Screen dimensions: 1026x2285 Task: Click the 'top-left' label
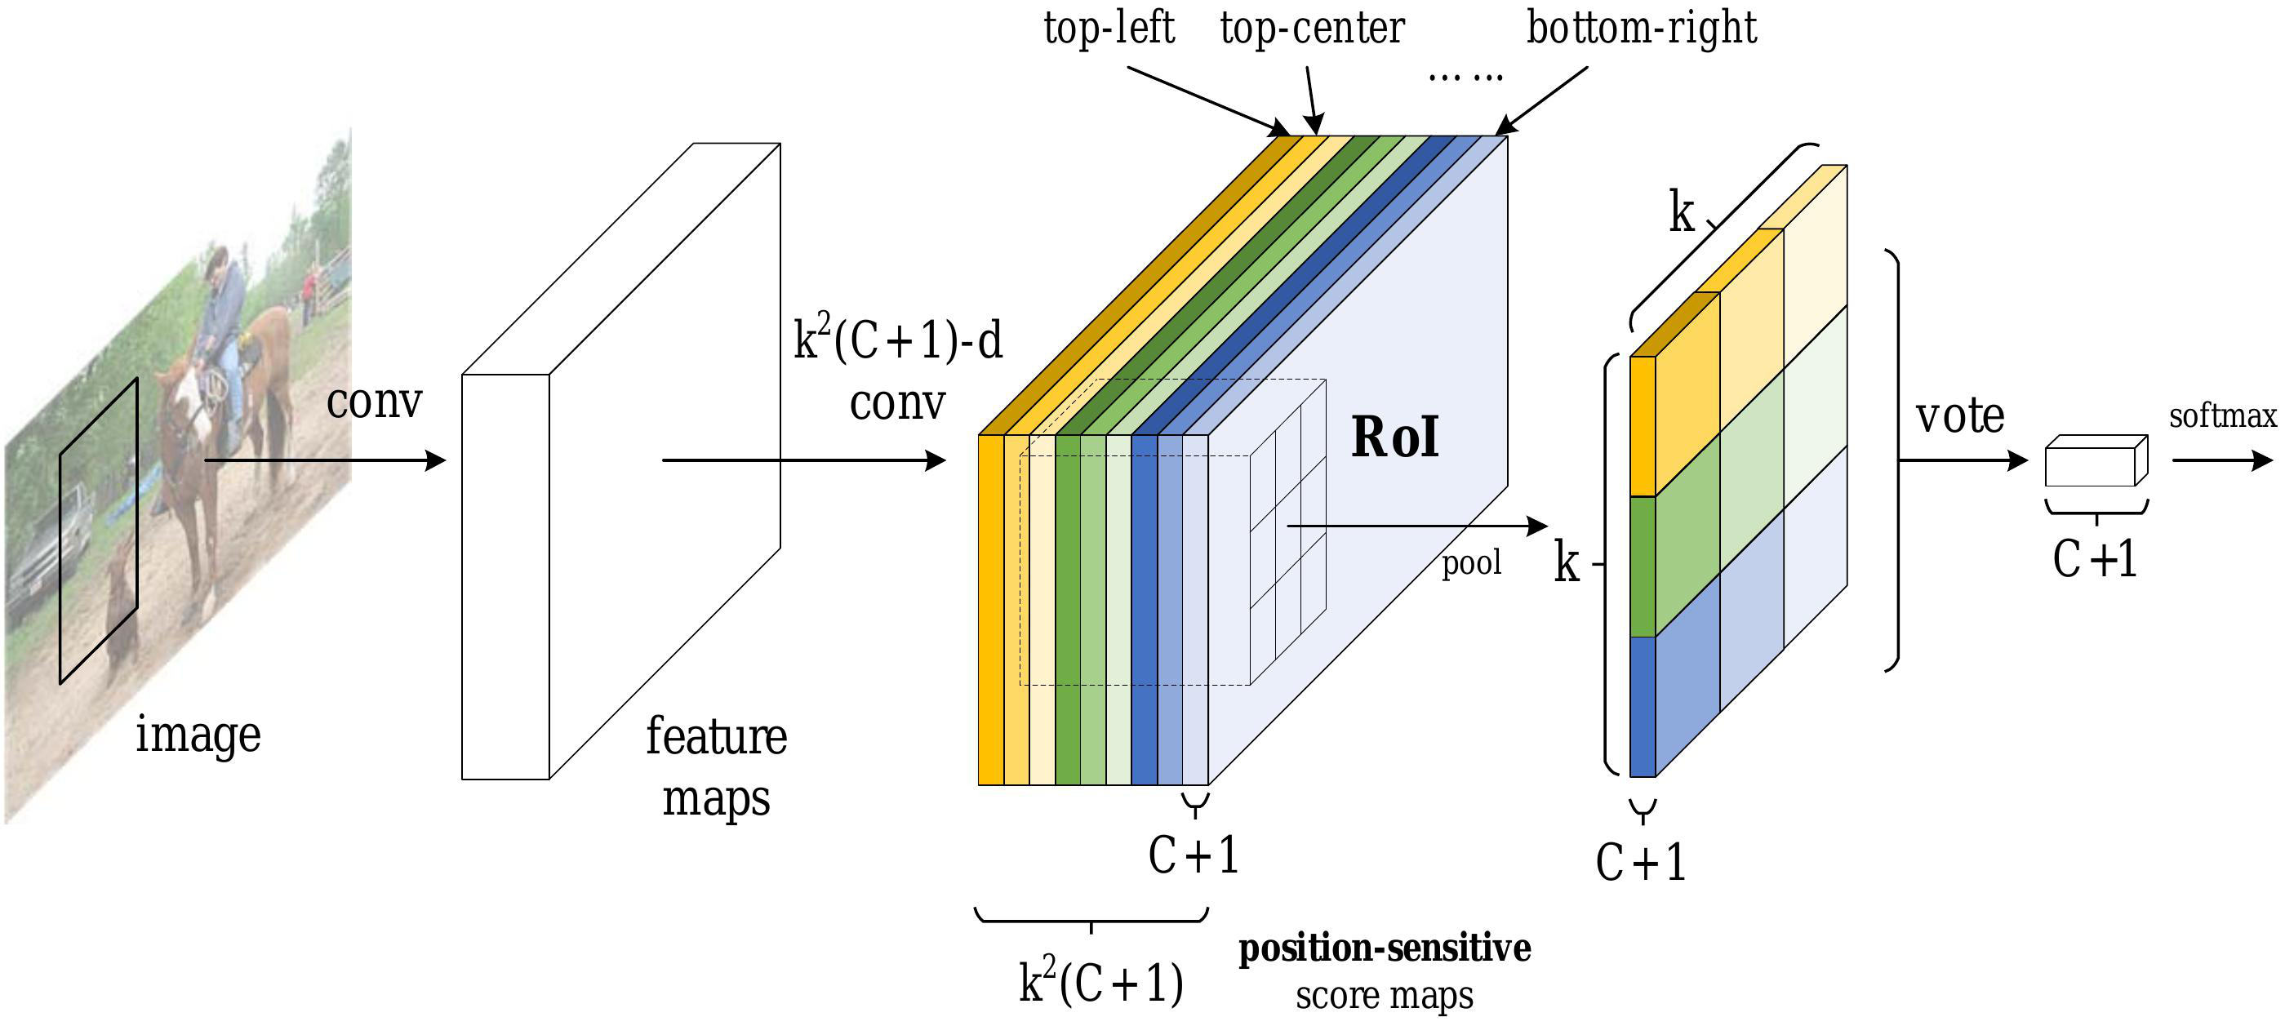1108,29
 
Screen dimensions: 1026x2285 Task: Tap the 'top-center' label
1312,29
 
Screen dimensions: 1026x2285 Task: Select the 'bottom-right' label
1641,29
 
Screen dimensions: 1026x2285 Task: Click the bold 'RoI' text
1394,437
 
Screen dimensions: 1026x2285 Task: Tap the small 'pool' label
1471,562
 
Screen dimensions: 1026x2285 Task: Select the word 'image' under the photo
198,735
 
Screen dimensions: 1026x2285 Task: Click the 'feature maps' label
716,767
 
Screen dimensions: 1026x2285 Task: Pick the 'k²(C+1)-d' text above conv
898,340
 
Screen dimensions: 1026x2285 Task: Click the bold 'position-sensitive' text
1384,948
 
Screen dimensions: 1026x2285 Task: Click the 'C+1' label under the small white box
2094,558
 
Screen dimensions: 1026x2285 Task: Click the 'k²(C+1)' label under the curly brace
1100,982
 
